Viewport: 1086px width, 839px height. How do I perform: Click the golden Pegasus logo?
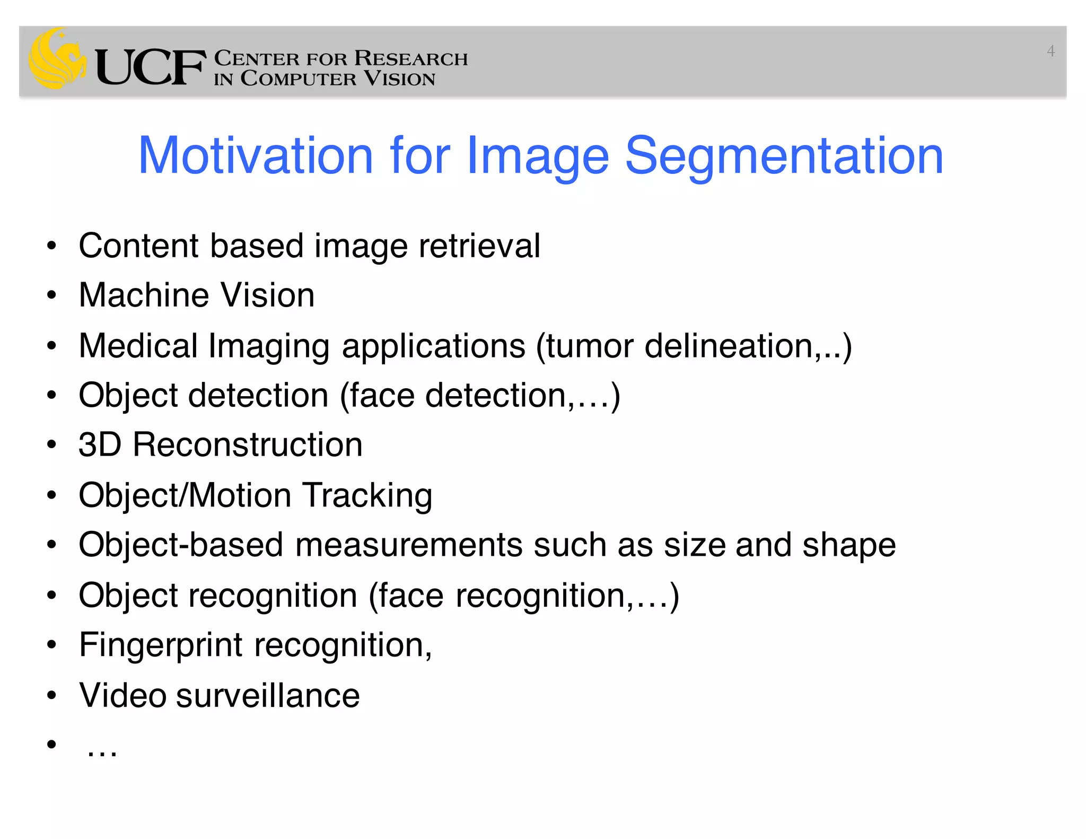point(57,58)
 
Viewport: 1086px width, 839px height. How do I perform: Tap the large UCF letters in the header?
point(150,67)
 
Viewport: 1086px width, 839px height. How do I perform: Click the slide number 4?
point(1050,51)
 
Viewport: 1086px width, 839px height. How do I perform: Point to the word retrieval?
point(479,246)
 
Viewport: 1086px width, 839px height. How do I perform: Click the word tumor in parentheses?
point(590,346)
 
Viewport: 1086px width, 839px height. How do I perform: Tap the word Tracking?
point(367,495)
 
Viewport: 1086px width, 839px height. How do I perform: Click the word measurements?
point(408,545)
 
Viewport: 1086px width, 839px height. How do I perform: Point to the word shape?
point(848,545)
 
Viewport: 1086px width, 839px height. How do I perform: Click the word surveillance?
point(268,695)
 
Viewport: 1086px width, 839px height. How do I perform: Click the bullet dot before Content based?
point(51,246)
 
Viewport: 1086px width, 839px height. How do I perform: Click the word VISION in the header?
point(400,79)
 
